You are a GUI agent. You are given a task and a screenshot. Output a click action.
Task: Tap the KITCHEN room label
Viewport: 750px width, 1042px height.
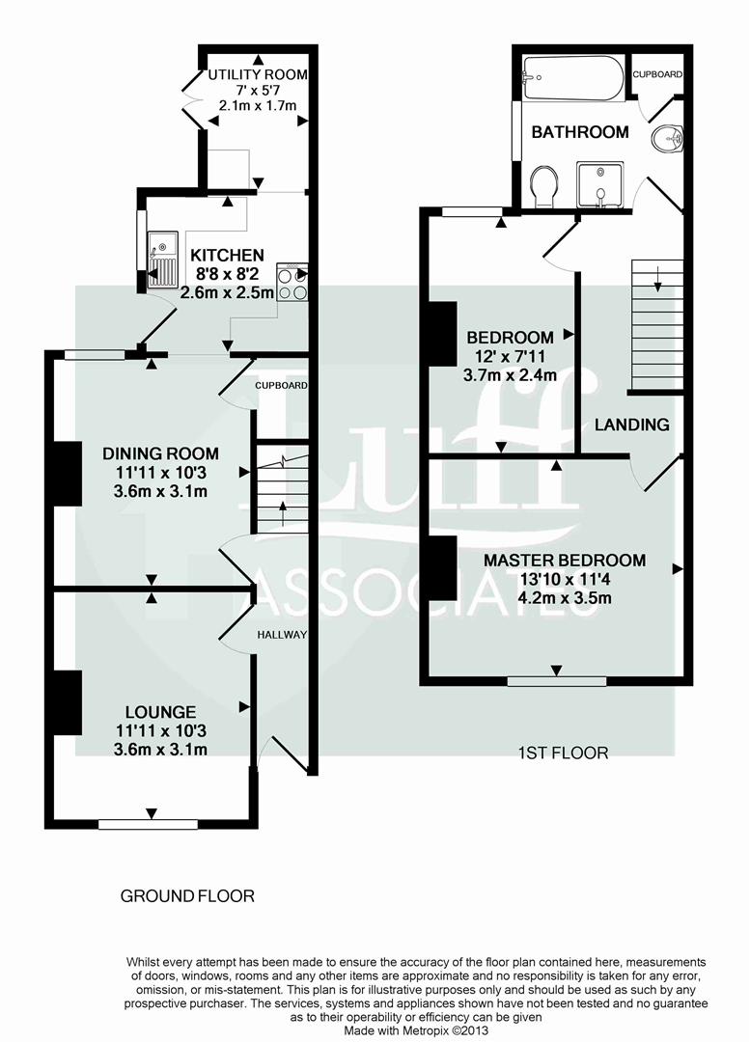pos(227,256)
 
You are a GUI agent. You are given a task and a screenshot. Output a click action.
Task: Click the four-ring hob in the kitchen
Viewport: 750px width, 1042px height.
pos(292,280)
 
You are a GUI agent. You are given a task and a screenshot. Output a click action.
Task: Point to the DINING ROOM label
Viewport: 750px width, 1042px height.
pos(161,453)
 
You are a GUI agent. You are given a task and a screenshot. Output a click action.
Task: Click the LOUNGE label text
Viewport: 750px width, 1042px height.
pos(160,712)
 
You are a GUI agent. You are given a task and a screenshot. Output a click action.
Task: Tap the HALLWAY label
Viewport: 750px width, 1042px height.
pos(282,635)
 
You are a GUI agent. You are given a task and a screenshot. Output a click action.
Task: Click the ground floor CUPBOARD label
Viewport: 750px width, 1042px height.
pos(281,386)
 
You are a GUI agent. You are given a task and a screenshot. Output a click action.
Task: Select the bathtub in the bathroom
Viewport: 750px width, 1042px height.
pos(571,77)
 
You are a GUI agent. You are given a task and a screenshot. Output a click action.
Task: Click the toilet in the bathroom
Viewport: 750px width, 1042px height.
pos(544,185)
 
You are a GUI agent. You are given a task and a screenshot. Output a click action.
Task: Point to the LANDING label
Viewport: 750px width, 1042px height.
pos(631,425)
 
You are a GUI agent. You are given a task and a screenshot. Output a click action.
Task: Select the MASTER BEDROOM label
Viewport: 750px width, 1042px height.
pos(565,561)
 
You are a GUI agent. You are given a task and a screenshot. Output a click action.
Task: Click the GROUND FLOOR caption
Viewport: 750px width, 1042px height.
pos(187,896)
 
